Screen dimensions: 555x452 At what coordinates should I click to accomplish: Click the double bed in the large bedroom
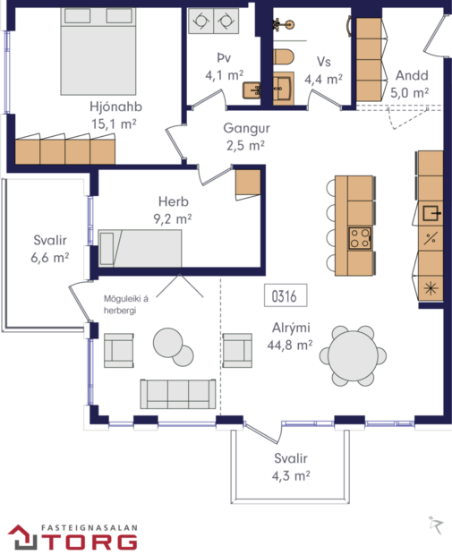[x=98, y=45]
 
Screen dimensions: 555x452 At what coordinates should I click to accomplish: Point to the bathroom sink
[x=285, y=89]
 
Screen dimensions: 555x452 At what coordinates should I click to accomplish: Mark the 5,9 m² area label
[x=411, y=90]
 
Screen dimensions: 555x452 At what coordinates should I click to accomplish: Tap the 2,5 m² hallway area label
[x=245, y=144]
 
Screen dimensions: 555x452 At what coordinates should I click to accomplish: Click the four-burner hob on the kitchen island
[x=360, y=238]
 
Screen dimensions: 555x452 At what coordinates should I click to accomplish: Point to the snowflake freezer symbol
[x=431, y=287]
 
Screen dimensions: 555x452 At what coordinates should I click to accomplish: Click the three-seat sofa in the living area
[x=177, y=393]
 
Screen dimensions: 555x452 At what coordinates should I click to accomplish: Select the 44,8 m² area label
[x=291, y=344]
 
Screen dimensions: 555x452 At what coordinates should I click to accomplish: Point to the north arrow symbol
[x=435, y=524]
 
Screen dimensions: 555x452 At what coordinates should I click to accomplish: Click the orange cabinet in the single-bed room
[x=248, y=183]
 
